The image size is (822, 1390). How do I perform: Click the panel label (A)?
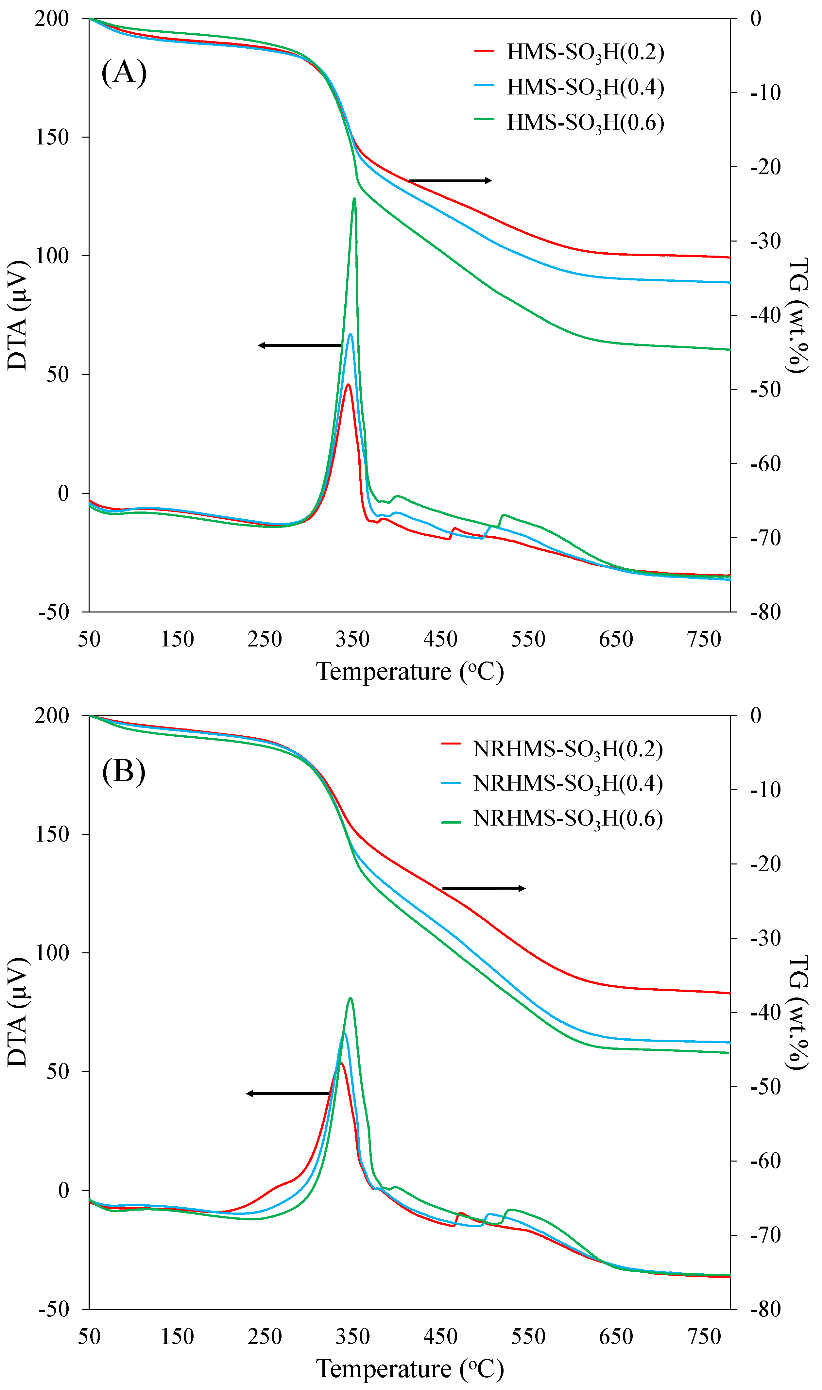[124, 73]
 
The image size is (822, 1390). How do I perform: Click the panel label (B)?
[124, 771]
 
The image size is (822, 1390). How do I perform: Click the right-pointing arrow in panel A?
[450, 180]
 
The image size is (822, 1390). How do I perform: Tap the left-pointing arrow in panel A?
[300, 345]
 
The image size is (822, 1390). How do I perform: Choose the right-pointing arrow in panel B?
[484, 888]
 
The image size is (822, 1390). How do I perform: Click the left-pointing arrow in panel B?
[288, 1093]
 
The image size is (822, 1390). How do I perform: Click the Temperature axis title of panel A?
[410, 672]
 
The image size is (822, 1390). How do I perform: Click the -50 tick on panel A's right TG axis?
[765, 390]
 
